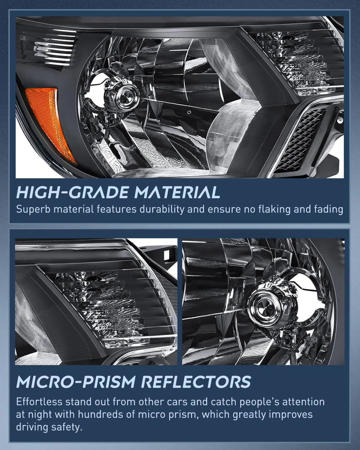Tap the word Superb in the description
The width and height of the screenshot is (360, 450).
point(34,210)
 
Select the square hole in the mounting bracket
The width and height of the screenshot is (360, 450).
point(167,256)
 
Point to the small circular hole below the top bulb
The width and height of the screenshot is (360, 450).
point(189,112)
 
